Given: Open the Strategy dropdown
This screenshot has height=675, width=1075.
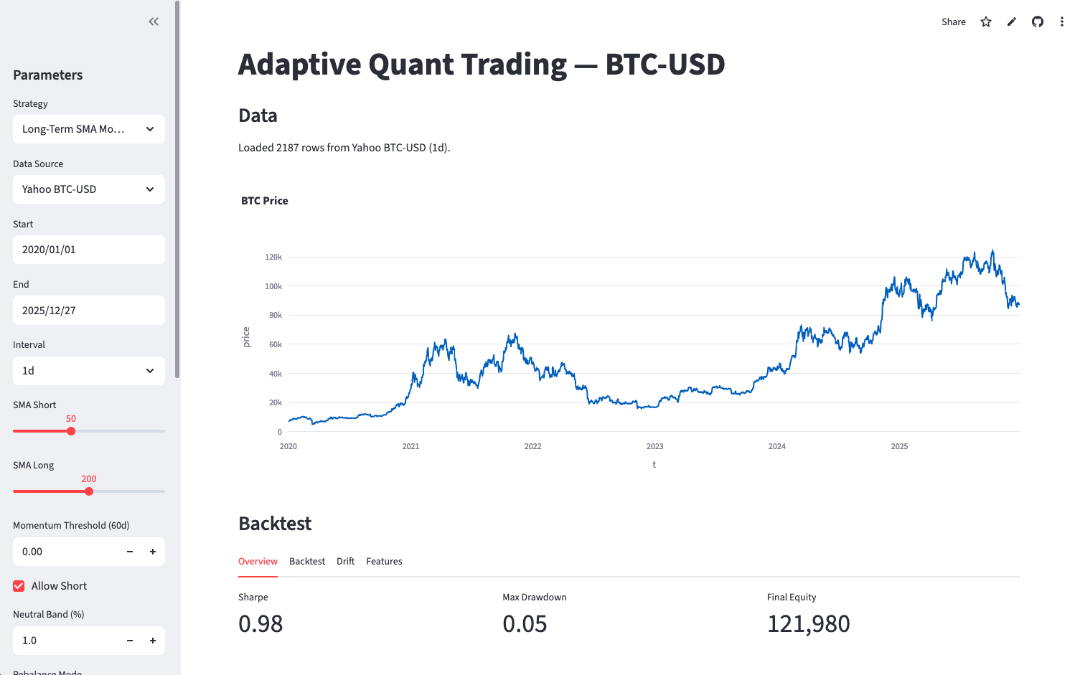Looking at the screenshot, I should (x=88, y=129).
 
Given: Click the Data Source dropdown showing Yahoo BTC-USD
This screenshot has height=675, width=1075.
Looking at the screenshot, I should (x=88, y=189).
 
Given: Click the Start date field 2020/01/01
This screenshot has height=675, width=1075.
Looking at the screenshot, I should (x=88, y=250).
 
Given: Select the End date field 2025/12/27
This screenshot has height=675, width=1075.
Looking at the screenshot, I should (x=88, y=311).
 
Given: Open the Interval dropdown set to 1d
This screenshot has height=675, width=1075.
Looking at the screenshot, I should (x=88, y=371).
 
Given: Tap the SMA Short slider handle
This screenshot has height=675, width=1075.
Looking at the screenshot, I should (x=71, y=431).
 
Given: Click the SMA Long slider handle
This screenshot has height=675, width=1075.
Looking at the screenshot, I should (x=89, y=491).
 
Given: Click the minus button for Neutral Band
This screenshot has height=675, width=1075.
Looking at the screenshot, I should (x=130, y=641).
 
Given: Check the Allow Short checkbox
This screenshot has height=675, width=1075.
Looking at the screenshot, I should (x=19, y=586).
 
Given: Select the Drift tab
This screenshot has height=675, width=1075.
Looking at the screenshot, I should (x=345, y=562).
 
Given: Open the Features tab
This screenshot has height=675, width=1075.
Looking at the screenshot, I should (x=384, y=562).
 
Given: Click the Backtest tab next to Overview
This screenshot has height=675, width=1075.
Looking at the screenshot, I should (x=307, y=562).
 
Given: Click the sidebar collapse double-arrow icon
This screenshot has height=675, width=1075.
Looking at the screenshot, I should (x=154, y=22).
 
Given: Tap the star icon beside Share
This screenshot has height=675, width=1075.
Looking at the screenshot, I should (x=986, y=22).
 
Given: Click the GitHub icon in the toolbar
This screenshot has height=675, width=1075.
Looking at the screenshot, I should (x=1038, y=22).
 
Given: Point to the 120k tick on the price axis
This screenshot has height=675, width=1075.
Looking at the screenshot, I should (x=273, y=257).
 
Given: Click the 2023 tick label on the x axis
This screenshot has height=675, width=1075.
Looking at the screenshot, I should (x=654, y=446).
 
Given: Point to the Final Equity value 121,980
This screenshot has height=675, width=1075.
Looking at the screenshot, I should (x=808, y=624).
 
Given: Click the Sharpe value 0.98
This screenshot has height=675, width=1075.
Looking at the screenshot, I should (x=260, y=624).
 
